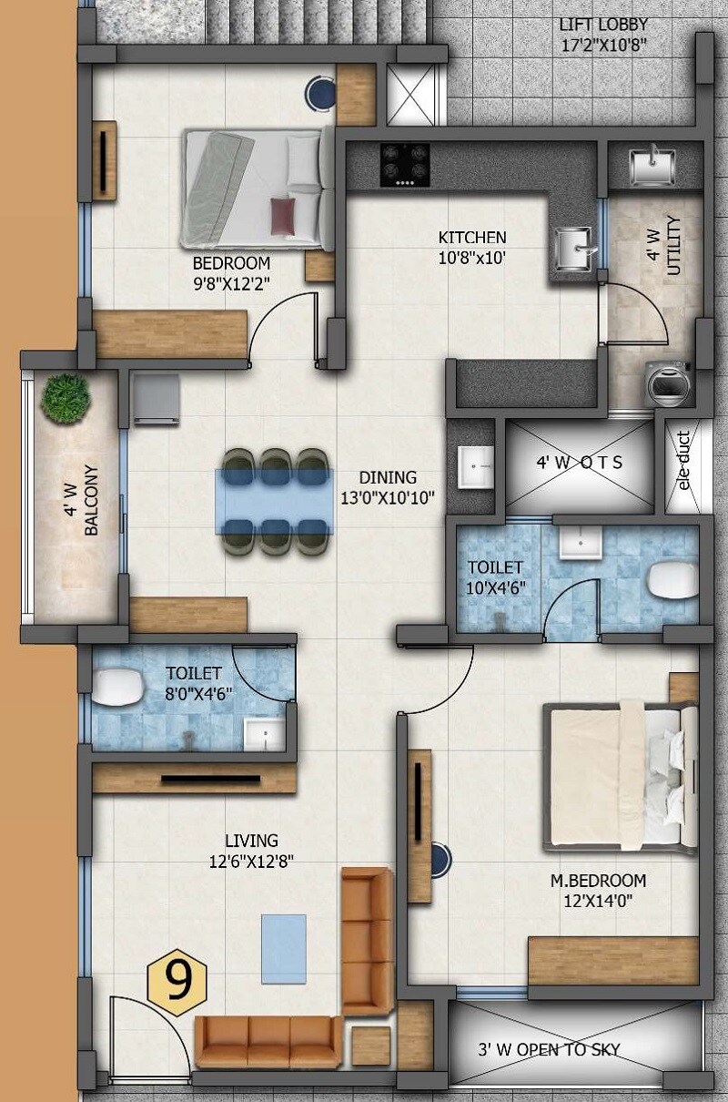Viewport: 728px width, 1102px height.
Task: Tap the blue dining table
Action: [274, 501]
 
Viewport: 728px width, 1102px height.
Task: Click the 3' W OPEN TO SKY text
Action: [549, 1049]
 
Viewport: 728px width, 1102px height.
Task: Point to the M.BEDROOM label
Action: [598, 881]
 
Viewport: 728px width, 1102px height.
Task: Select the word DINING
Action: [387, 477]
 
